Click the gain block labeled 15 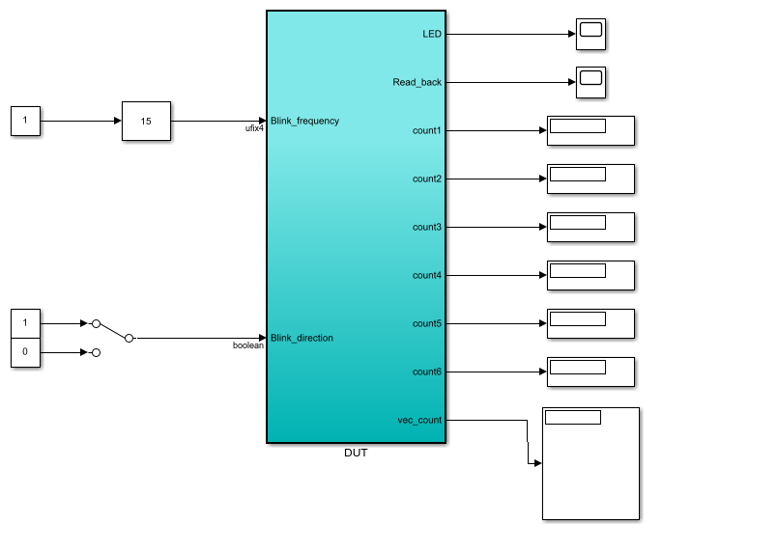[146, 121]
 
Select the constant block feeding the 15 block [25, 121]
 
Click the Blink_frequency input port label [304, 121]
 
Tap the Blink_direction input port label [302, 338]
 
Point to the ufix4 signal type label [254, 128]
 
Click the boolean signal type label [248, 345]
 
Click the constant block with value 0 [25, 352]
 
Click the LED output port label [432, 34]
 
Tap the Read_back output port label [417, 82]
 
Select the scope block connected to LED [590, 34]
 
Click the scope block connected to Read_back [590, 82]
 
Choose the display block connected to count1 [590, 130]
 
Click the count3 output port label [427, 227]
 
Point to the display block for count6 [590, 372]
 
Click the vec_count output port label [419, 420]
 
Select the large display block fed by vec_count [590, 463]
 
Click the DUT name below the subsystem [356, 453]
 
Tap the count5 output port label [427, 323]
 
